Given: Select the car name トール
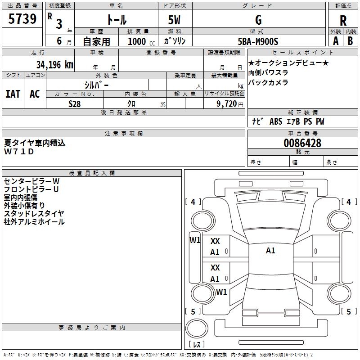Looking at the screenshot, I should (x=116, y=20).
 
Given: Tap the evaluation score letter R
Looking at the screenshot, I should (x=343, y=21).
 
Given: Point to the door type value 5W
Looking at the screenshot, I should (x=174, y=20).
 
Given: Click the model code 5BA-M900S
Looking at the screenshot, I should (x=258, y=41).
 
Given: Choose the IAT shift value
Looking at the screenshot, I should (x=13, y=94).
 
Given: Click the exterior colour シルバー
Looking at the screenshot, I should (x=96, y=85).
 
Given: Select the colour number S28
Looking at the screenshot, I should (x=75, y=104).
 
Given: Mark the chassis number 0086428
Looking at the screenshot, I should (x=302, y=143).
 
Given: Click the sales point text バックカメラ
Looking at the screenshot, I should (x=268, y=82).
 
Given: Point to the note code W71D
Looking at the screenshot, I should (x=19, y=152).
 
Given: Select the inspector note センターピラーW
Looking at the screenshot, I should (x=31, y=181).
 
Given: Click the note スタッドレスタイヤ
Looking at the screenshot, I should (x=34, y=213).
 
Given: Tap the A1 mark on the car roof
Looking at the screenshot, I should (x=270, y=251).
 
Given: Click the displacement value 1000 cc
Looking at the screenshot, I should (x=141, y=41).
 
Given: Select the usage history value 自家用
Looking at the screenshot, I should (x=96, y=41).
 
